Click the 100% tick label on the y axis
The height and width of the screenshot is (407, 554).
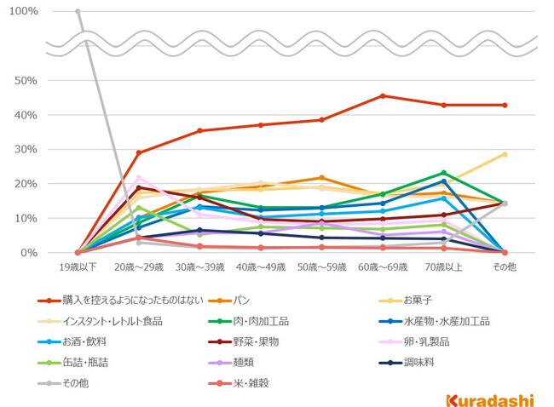[22, 11]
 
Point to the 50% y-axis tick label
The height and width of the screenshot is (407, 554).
[25, 80]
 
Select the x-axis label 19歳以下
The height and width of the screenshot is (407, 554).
[78, 267]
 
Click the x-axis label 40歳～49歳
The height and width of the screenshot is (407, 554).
[260, 267]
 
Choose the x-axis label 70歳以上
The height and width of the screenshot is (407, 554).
[443, 267]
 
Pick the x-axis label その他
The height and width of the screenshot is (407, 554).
[505, 267]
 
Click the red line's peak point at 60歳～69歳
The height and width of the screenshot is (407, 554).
[383, 95]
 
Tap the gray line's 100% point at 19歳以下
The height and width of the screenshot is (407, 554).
[78, 11]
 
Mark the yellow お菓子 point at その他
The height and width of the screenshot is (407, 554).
[505, 154]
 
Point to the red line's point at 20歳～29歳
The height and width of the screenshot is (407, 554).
[138, 152]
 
